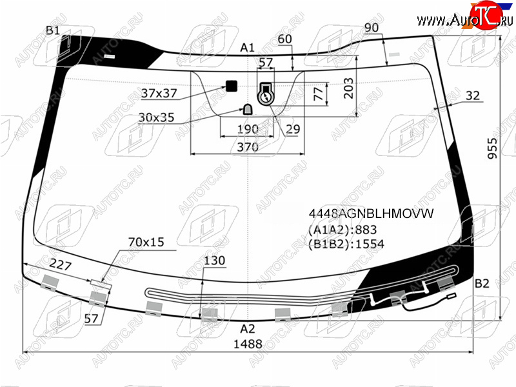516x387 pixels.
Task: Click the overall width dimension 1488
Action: point(248,344)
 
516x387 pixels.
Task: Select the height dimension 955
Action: point(493,148)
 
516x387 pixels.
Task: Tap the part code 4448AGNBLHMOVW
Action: point(372,214)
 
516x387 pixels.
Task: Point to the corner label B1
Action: point(53,30)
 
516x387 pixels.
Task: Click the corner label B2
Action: point(482,283)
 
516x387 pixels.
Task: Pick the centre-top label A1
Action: point(248,48)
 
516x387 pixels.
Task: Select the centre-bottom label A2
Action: point(248,328)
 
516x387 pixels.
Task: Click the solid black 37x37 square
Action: point(232,86)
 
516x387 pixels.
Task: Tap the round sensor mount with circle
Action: point(266,97)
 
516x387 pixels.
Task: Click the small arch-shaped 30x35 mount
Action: point(248,109)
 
